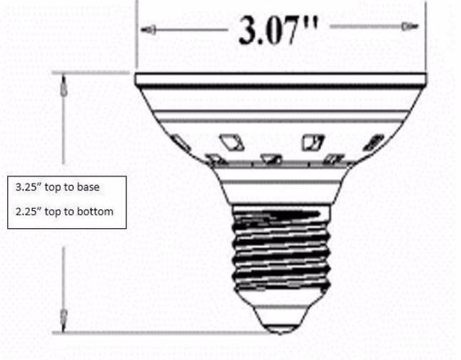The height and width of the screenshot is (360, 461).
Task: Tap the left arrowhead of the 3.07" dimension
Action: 149,30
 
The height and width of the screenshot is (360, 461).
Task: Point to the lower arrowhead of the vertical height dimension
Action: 64,314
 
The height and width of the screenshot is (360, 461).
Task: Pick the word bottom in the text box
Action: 98,212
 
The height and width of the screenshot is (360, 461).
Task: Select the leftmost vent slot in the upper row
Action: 181,143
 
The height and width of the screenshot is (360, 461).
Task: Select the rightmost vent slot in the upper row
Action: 373,143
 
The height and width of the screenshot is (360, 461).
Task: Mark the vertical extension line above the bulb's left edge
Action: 136,36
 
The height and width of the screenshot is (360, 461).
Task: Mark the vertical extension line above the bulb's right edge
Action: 427,36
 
